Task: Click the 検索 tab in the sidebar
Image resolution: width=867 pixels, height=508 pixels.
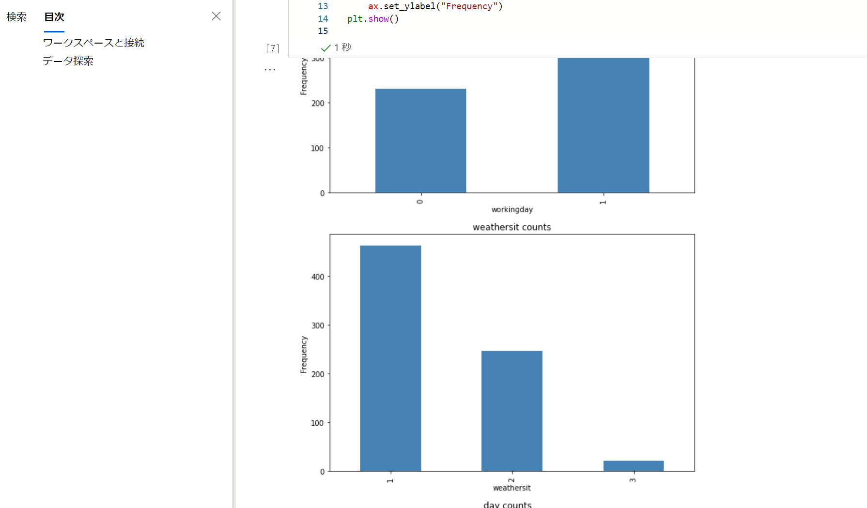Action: tap(16, 17)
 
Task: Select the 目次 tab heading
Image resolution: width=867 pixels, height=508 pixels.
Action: tap(54, 17)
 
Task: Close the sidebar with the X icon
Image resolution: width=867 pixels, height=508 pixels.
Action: tap(216, 16)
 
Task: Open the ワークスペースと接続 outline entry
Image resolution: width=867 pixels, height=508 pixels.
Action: tap(93, 43)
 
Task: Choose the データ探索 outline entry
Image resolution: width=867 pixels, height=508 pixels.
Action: tap(68, 61)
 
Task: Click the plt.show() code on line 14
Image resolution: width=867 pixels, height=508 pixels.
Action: tap(372, 19)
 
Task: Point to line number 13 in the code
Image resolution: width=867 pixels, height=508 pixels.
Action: tap(323, 6)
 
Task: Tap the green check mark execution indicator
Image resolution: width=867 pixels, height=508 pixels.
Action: tap(325, 47)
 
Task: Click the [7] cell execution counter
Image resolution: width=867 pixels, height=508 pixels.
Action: tap(273, 48)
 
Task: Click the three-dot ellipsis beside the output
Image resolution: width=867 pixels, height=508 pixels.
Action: tap(270, 70)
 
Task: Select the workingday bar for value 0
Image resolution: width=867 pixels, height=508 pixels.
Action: tap(420, 140)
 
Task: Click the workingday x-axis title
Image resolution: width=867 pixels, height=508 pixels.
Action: tap(512, 209)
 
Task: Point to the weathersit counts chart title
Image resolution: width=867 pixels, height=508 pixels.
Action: tap(511, 227)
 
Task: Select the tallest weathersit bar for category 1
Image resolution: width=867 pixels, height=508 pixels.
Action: tap(390, 358)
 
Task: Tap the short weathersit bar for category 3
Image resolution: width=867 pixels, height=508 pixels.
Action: tap(633, 466)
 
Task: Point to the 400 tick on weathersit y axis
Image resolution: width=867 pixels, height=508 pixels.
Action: tap(318, 277)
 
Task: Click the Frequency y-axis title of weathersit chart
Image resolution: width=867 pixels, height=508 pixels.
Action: tap(304, 354)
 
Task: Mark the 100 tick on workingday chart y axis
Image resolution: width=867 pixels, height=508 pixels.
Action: tap(317, 148)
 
